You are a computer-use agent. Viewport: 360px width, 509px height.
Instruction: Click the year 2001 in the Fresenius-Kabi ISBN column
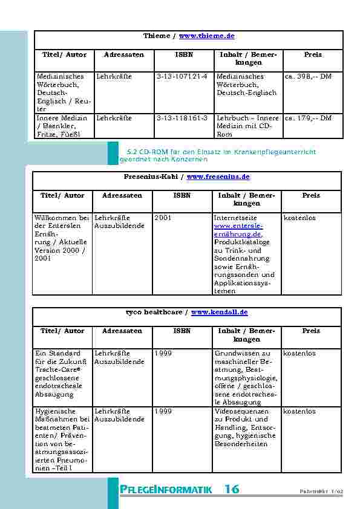pyautogui.click(x=163, y=218)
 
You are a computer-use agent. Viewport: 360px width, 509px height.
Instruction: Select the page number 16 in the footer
pyautogui.click(x=232, y=490)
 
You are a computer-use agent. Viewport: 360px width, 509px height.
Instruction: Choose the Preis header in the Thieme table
pyautogui.click(x=313, y=55)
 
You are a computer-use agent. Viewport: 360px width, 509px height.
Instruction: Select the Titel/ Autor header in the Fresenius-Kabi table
pyautogui.click(x=62, y=196)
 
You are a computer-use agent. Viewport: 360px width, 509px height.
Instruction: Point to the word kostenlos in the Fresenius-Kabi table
pyautogui.click(x=299, y=218)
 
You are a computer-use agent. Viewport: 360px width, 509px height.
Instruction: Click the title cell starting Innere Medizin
pyautogui.click(x=62, y=126)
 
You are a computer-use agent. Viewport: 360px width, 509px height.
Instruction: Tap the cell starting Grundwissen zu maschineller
pyautogui.click(x=246, y=378)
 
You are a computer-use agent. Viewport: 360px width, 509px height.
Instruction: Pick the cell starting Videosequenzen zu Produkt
pyautogui.click(x=246, y=427)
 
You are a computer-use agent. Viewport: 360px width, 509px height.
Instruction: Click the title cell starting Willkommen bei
pyautogui.click(x=62, y=238)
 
